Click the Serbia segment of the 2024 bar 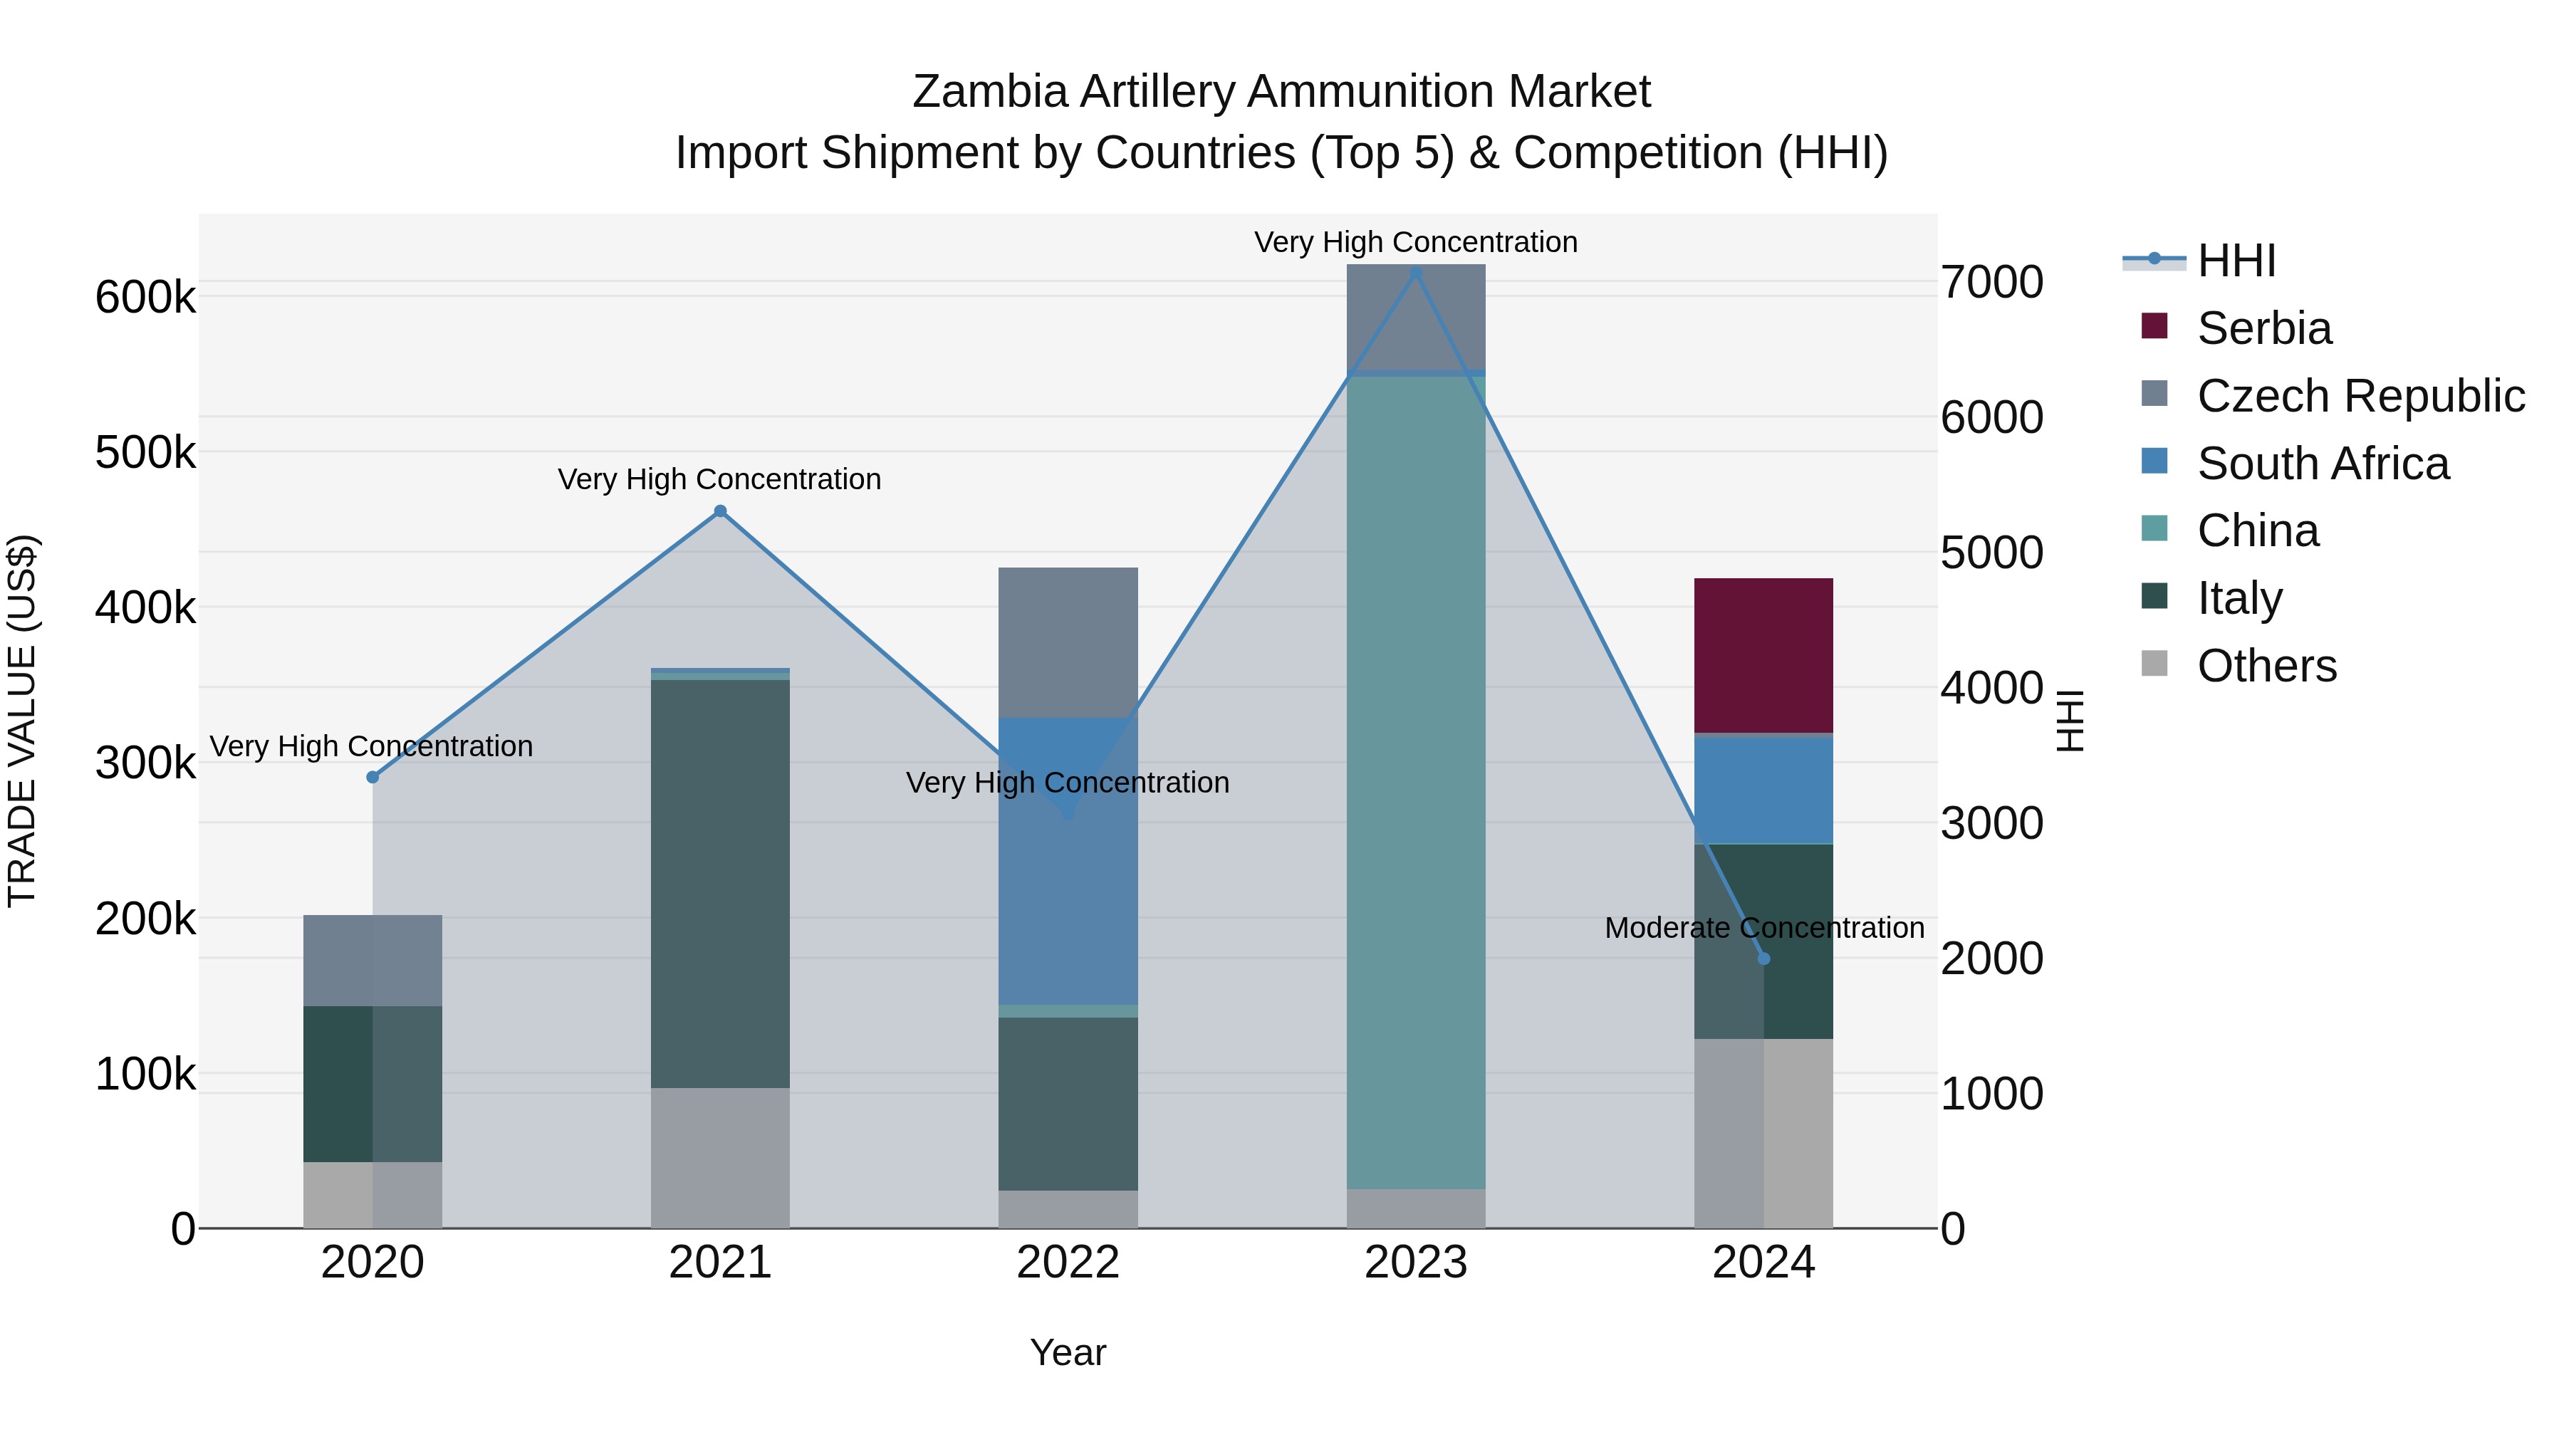click(x=1763, y=655)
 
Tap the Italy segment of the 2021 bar click(x=719, y=883)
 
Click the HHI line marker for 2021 click(x=721, y=511)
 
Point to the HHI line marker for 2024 click(x=1763, y=958)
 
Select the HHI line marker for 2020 click(x=373, y=777)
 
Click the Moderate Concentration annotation click(x=1763, y=927)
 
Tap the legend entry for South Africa click(x=2322, y=464)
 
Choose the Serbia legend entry click(x=2263, y=328)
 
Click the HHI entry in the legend click(x=2236, y=261)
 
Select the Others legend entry click(x=2266, y=666)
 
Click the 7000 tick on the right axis click(x=1991, y=283)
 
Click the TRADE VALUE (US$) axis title click(x=22, y=721)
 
